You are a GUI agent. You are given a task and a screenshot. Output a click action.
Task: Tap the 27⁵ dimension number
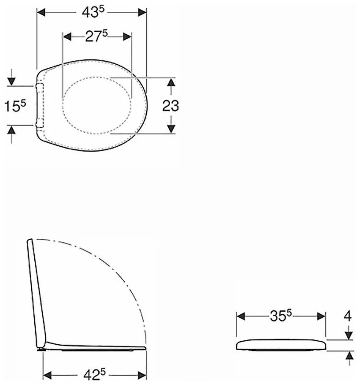click(x=96, y=36)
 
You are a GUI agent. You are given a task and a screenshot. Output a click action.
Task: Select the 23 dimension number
click(x=171, y=106)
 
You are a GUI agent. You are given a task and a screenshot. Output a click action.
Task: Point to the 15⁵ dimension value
click(x=15, y=106)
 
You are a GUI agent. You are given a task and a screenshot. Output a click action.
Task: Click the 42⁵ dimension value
click(x=94, y=375)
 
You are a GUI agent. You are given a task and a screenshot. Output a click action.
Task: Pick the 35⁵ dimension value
click(x=281, y=316)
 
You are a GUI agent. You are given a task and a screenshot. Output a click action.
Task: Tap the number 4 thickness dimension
click(x=348, y=316)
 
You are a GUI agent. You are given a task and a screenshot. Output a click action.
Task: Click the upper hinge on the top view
click(x=40, y=88)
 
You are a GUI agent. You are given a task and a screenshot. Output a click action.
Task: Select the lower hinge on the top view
click(x=40, y=122)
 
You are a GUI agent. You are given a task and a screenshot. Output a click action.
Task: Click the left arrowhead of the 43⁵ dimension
click(x=41, y=12)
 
